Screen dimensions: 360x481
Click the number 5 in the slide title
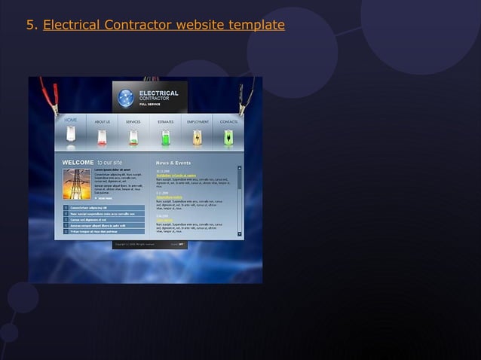(30, 25)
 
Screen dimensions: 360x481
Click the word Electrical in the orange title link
(71, 25)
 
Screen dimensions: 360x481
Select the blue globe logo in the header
(126, 97)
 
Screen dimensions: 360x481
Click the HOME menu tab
(71, 121)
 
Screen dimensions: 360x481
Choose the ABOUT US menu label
(102, 122)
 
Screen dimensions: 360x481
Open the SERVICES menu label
(133, 122)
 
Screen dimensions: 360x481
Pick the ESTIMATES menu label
(165, 122)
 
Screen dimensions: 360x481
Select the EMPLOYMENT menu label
(198, 122)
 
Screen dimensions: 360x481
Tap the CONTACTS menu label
(228, 122)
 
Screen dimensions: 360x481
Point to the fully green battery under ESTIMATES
(165, 138)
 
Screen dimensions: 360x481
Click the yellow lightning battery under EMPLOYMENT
(198, 138)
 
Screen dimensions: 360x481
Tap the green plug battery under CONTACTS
(228, 138)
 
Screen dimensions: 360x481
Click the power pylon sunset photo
(77, 183)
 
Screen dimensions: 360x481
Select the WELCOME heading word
(78, 163)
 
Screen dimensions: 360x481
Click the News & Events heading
(173, 163)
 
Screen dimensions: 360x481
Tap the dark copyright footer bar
(150, 244)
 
